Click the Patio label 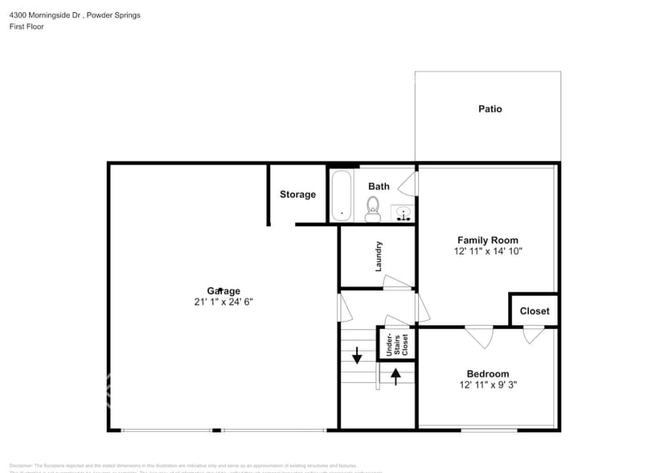(x=490, y=109)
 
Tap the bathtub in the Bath (x=342, y=195)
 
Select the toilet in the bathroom (x=372, y=210)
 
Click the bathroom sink (x=404, y=214)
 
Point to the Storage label (x=297, y=195)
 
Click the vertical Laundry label (x=379, y=256)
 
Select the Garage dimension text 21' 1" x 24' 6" (x=223, y=302)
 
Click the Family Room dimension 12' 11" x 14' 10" (x=487, y=251)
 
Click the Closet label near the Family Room (x=535, y=311)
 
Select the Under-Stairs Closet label (x=397, y=343)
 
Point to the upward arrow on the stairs (x=395, y=374)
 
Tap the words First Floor (x=27, y=27)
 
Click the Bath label (x=379, y=186)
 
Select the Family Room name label (x=487, y=240)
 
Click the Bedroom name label (x=487, y=373)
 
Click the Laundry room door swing (x=397, y=282)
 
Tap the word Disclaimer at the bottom (x=22, y=465)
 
